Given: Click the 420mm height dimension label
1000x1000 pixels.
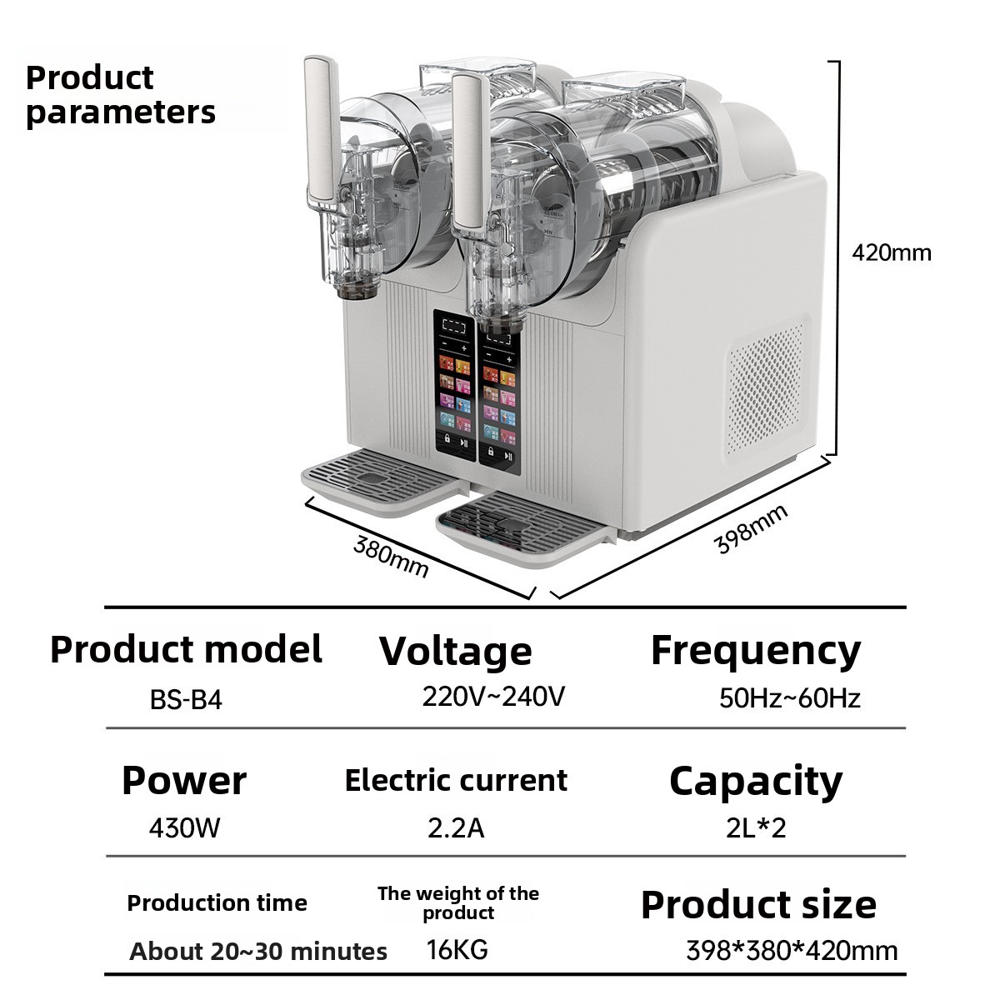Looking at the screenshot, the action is click(892, 253).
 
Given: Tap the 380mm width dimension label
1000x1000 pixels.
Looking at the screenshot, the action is click(391, 557).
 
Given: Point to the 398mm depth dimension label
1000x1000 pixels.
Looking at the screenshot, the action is click(751, 528).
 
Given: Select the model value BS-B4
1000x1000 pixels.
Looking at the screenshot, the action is click(186, 699).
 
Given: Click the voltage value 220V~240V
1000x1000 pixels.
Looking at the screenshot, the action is click(493, 697).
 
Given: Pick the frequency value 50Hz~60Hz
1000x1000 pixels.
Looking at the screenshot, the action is click(789, 698).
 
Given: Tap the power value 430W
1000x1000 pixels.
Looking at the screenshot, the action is click(184, 827).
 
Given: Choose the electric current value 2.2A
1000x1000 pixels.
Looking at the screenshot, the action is click(456, 828).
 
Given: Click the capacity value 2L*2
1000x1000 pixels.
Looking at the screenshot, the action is click(756, 827).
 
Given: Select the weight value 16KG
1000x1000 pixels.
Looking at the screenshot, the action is click(457, 950).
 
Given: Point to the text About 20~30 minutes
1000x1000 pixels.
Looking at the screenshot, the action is click(257, 951).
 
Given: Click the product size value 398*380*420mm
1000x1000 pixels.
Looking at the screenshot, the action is click(792, 951).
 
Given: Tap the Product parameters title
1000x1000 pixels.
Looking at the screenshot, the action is click(120, 95).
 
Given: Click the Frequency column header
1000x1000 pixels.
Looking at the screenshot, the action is click(756, 652).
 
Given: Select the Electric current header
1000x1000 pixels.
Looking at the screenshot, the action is click(456, 781).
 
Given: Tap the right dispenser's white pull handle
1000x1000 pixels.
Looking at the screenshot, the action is click(471, 152).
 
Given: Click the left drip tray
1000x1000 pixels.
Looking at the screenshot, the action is click(382, 481).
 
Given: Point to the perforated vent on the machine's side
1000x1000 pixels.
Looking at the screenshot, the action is click(767, 387).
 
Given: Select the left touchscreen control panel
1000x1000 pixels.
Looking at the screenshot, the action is click(455, 386).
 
